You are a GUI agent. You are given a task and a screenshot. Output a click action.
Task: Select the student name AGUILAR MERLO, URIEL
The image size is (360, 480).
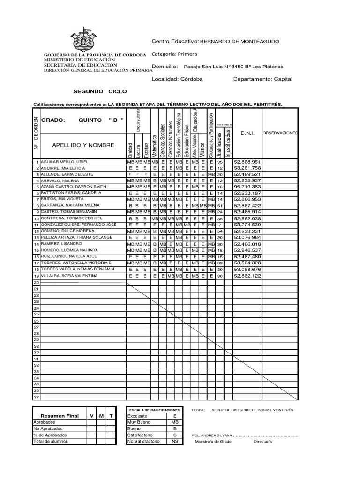click(x=64, y=162)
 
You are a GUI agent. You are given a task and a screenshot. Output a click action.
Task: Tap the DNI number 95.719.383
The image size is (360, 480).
click(x=247, y=187)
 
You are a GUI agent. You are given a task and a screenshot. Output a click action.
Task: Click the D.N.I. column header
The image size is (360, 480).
click(x=247, y=133)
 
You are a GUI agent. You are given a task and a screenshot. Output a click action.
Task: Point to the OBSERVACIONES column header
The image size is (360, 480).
click(x=280, y=133)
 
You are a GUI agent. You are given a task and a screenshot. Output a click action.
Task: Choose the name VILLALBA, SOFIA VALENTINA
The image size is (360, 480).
click(x=69, y=276)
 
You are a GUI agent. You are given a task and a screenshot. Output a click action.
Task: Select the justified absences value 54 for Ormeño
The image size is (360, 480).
click(x=220, y=231)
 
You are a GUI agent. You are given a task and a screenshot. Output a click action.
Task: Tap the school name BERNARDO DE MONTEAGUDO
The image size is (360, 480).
click(x=239, y=42)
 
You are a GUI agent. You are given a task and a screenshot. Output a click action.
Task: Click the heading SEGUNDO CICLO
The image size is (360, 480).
click(x=100, y=91)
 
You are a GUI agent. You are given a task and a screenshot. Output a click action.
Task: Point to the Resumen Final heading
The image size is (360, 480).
click(x=60, y=416)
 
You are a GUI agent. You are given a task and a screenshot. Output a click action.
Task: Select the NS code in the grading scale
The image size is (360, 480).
click(x=175, y=441)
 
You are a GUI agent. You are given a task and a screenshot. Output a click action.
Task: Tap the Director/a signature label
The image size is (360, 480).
click(x=262, y=442)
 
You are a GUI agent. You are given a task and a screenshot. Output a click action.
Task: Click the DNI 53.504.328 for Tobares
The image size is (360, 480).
click(x=247, y=263)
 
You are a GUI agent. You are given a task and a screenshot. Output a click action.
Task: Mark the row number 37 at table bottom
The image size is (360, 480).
click(x=36, y=397)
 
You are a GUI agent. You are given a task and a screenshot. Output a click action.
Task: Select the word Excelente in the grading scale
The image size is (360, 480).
click(x=137, y=416)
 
